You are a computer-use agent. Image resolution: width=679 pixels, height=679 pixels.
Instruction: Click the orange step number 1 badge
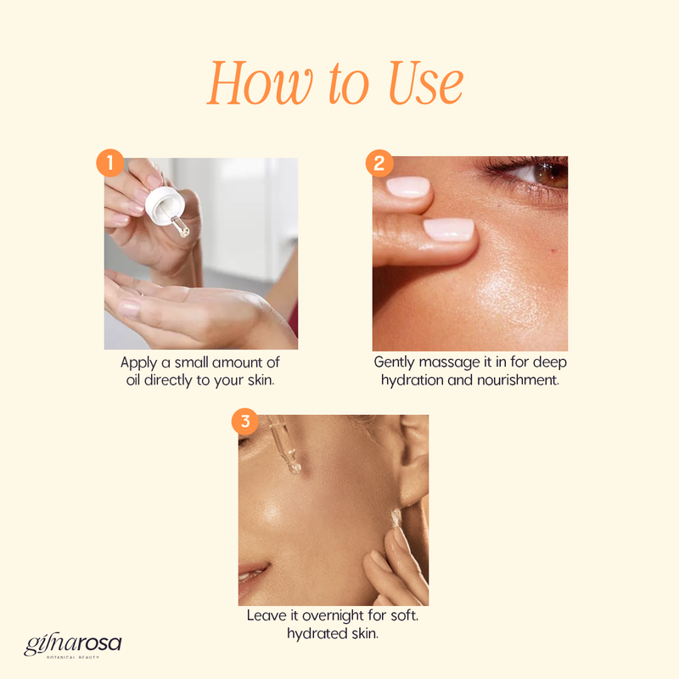pos(110,163)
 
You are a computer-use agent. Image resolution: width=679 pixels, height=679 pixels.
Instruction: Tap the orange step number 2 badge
pos(379,163)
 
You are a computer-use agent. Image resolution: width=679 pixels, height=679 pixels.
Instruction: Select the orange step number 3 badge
pos(245,421)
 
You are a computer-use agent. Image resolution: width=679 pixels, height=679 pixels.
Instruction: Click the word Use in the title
pos(426,83)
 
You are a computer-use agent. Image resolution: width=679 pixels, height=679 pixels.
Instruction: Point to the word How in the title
pos(260,83)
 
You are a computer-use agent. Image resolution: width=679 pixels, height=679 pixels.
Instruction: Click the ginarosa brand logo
pos(73,646)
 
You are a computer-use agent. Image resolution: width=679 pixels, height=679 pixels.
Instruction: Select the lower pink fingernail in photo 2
pos(449,229)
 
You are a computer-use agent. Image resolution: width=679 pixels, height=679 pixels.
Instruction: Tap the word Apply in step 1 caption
pos(138,363)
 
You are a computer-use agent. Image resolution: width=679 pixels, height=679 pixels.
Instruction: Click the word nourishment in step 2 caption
pos(518,379)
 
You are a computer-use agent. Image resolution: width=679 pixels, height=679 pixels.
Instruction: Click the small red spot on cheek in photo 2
pos(553,250)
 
